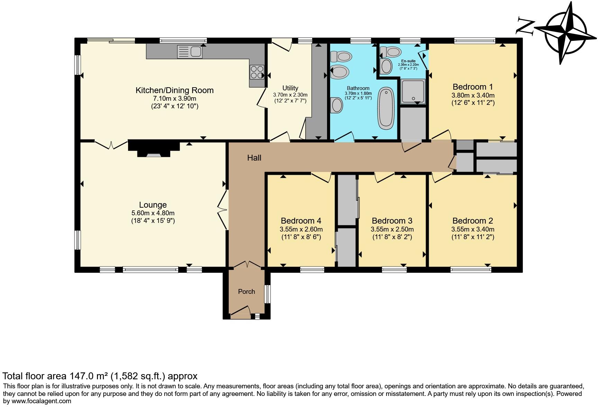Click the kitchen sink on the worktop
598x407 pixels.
pyautogui.click(x=190, y=52)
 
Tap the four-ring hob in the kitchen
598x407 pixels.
pyautogui.click(x=257, y=72)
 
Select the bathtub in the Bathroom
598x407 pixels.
pyautogui.click(x=386, y=108)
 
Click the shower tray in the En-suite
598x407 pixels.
pyautogui.click(x=413, y=91)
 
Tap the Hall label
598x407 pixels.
pyautogui.click(x=254, y=158)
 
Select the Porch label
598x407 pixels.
pyautogui.click(x=246, y=292)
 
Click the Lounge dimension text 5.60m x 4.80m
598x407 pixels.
pyautogui.click(x=153, y=213)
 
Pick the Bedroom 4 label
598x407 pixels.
pyautogui.click(x=301, y=221)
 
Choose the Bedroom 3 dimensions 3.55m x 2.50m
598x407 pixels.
pyautogui.click(x=392, y=229)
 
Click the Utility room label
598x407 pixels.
pyautogui.click(x=290, y=88)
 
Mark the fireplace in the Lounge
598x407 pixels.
pyautogui.click(x=154, y=149)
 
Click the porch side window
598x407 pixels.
pyautogui.click(x=267, y=294)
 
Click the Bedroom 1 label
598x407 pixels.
pyautogui.click(x=472, y=87)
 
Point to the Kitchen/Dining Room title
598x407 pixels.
pyautogui.click(x=174, y=90)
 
